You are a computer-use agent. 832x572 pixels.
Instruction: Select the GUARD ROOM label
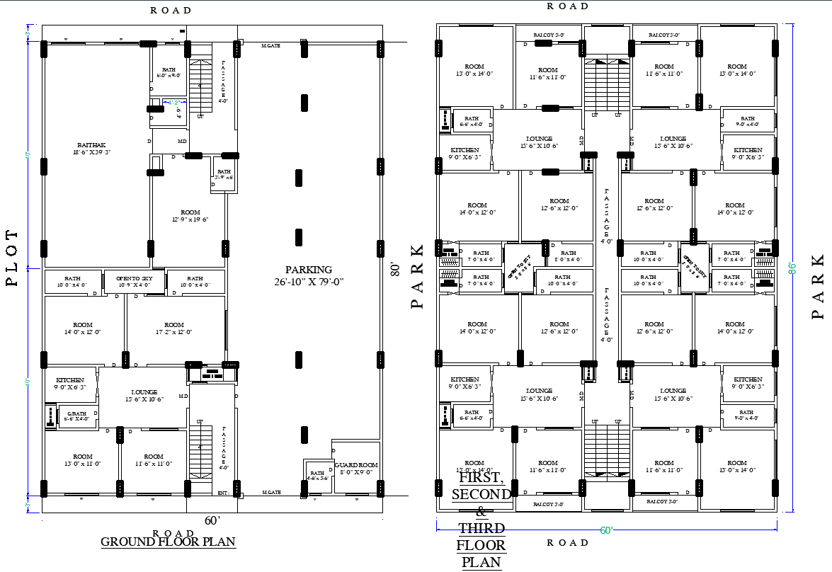[x=358, y=465]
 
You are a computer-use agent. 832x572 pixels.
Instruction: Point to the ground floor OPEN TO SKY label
[x=135, y=279]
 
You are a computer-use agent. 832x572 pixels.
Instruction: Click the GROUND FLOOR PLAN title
[x=168, y=542]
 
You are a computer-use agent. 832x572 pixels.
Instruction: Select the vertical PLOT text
[x=12, y=258]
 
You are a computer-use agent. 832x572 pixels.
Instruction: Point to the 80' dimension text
[x=395, y=269]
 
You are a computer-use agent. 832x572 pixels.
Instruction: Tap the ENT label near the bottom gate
[x=222, y=493]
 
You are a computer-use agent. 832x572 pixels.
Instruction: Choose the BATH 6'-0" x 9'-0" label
[x=169, y=71]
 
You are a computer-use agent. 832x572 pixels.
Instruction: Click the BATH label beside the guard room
[x=317, y=472]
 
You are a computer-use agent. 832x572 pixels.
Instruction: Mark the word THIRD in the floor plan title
[x=481, y=529]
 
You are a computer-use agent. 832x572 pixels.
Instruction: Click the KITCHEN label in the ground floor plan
[x=70, y=380]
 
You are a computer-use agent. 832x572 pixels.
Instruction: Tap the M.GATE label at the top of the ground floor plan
[x=271, y=45]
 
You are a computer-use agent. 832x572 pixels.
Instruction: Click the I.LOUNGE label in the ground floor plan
[x=144, y=391]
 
